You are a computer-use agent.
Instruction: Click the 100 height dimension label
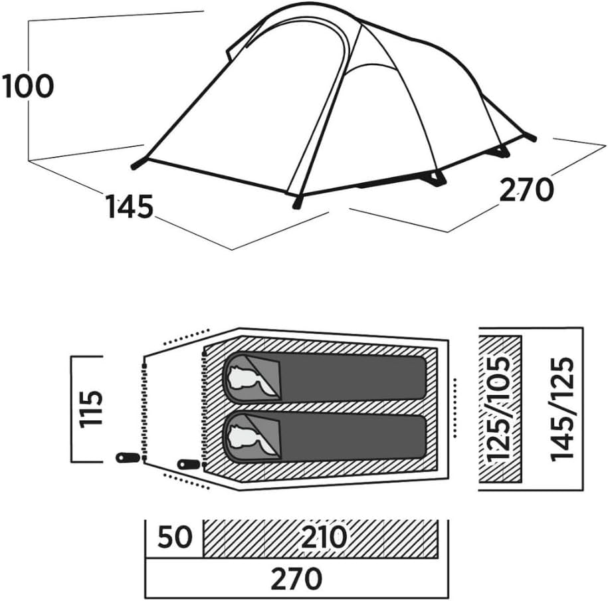(x=28, y=86)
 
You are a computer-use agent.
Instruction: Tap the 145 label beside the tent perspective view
(x=130, y=206)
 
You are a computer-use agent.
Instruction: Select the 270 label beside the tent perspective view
(x=526, y=189)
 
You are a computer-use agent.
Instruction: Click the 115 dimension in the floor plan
(x=91, y=409)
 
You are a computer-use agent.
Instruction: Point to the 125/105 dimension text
(x=498, y=409)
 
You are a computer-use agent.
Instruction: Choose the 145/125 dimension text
(x=562, y=409)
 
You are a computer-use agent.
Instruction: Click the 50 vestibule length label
(x=175, y=537)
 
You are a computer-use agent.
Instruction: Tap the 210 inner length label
(x=324, y=537)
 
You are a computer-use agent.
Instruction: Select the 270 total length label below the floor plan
(x=296, y=578)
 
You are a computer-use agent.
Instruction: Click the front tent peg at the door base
(x=298, y=202)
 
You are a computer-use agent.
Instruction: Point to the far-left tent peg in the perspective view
(x=139, y=164)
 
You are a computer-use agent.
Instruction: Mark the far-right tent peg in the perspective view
(x=530, y=137)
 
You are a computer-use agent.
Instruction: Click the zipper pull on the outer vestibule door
(x=128, y=457)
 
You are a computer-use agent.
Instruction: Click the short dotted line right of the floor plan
(x=455, y=408)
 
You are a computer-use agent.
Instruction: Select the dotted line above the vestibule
(x=186, y=337)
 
